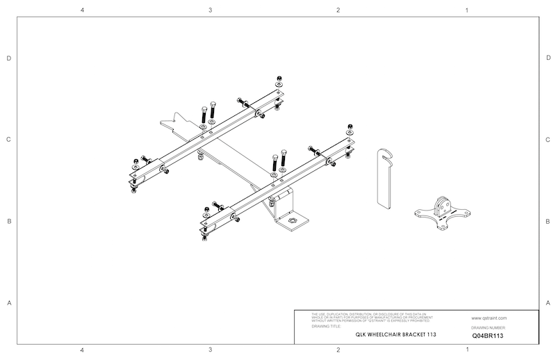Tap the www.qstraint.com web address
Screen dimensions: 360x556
coord(489,316)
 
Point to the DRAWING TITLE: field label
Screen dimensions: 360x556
coord(327,325)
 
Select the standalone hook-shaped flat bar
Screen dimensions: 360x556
coord(384,177)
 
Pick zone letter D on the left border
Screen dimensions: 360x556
coord(9,58)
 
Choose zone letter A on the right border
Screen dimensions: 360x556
coord(548,303)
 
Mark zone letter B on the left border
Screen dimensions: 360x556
coord(9,222)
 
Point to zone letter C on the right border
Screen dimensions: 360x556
coord(548,140)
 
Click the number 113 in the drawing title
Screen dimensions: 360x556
coord(431,335)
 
